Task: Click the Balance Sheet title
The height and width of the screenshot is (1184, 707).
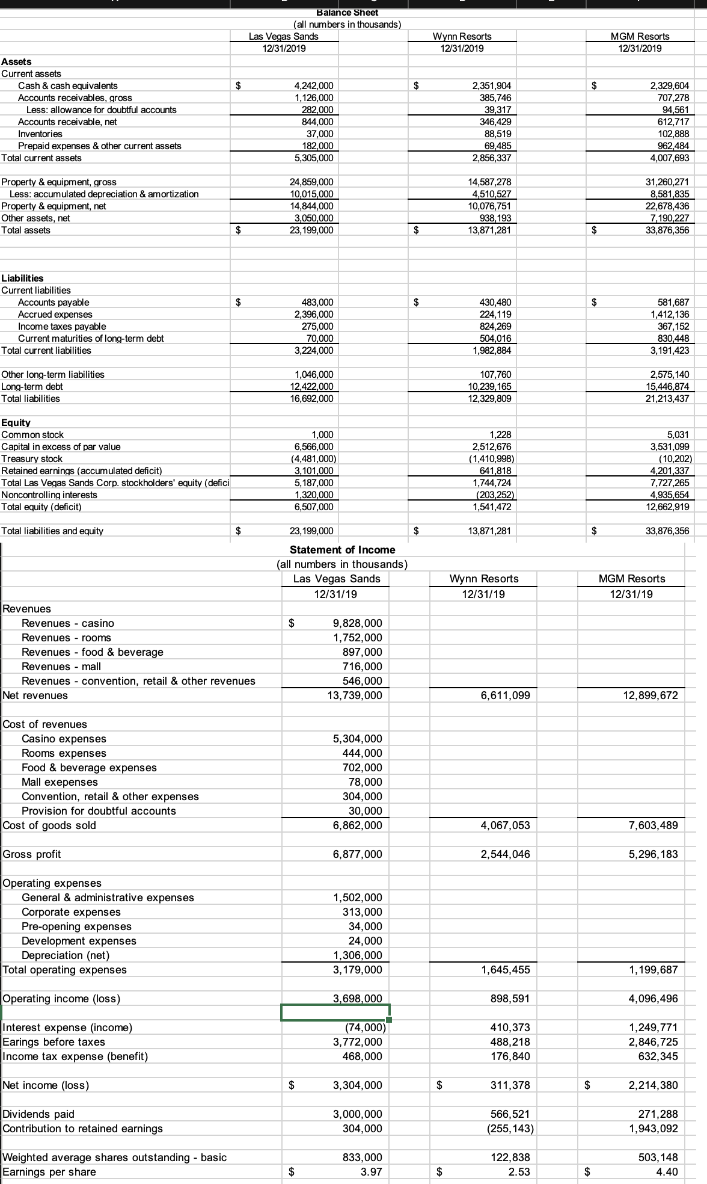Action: (347, 13)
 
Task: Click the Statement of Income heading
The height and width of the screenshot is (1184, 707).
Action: (342, 549)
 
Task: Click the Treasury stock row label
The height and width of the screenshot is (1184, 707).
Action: (32, 458)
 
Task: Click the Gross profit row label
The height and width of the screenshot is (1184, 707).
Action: (32, 854)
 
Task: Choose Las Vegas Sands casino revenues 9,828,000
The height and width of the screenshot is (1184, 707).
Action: (357, 623)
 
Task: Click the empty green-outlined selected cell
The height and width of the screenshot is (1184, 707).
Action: (335, 1013)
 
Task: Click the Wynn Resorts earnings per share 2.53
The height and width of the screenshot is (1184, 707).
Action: (519, 1172)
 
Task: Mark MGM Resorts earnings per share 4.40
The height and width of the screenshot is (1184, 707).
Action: (667, 1172)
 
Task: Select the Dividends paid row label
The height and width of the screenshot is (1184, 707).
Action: (38, 1114)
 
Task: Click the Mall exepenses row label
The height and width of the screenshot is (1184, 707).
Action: (60, 782)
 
